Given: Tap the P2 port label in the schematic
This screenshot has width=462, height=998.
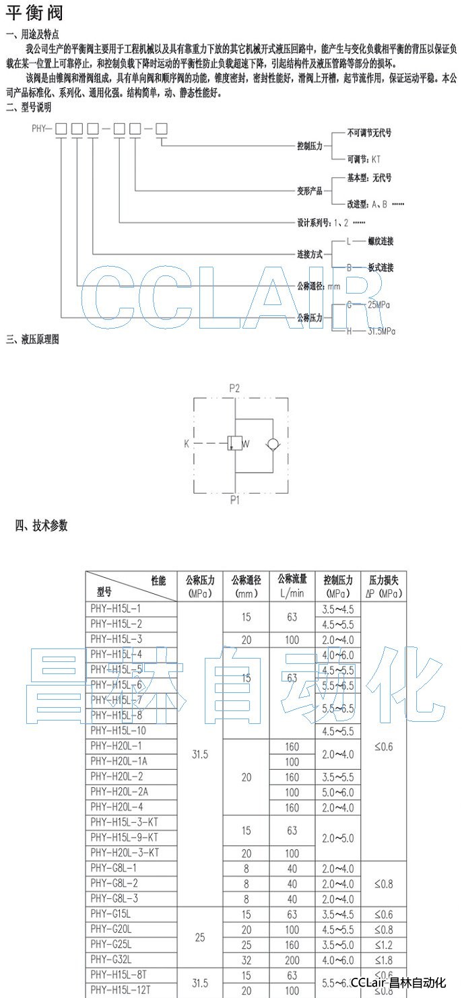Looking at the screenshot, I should pyautogui.click(x=234, y=388).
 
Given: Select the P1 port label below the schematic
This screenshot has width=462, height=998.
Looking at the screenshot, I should pyautogui.click(x=234, y=500).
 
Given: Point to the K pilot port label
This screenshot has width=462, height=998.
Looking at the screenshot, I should pyautogui.click(x=186, y=444).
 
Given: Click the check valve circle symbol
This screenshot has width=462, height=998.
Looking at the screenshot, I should pyautogui.click(x=272, y=444).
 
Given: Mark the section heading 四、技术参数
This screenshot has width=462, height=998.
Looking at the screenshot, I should pyautogui.click(x=42, y=525).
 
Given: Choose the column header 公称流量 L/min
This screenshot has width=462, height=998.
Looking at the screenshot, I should pyautogui.click(x=292, y=586).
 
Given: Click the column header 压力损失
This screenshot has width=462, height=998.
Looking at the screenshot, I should pyautogui.click(x=383, y=586).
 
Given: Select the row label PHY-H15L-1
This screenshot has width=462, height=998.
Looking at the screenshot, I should pyautogui.click(x=116, y=608).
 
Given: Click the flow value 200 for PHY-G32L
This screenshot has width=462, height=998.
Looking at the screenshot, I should pyautogui.click(x=292, y=960).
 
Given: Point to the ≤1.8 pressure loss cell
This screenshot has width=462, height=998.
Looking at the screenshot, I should pyautogui.click(x=383, y=960).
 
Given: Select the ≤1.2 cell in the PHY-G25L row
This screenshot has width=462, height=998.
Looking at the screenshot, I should pyautogui.click(x=383, y=945).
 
